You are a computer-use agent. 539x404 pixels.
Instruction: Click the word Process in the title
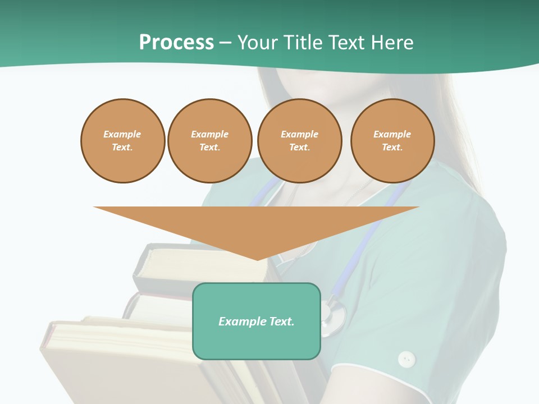[176, 42]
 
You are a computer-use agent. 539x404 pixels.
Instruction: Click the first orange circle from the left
[122, 141]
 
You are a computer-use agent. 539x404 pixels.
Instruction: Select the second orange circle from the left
[209, 141]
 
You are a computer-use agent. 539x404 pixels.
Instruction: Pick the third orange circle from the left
[299, 141]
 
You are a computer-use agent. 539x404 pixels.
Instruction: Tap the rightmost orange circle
[392, 141]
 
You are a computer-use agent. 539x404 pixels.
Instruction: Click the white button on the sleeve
[406, 359]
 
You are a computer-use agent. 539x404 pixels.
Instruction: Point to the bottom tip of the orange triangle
[257, 259]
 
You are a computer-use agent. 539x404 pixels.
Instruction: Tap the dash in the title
[225, 43]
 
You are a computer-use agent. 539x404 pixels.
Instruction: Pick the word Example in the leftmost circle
[122, 134]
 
